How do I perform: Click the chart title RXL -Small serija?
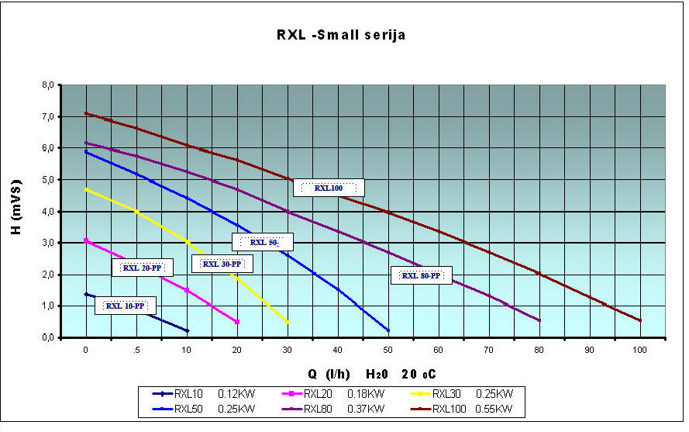[x=341, y=35]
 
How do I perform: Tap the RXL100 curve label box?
[x=329, y=188]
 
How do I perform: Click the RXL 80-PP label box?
[x=421, y=275]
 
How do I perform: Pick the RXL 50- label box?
[x=263, y=242]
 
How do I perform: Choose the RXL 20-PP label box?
[x=142, y=268]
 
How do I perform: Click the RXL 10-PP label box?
[x=125, y=306]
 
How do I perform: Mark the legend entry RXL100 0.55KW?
[x=466, y=408]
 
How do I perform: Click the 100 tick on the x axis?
[x=640, y=351]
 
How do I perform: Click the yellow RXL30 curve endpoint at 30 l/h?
[x=288, y=322]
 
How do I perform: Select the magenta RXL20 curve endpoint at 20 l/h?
[x=237, y=322]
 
